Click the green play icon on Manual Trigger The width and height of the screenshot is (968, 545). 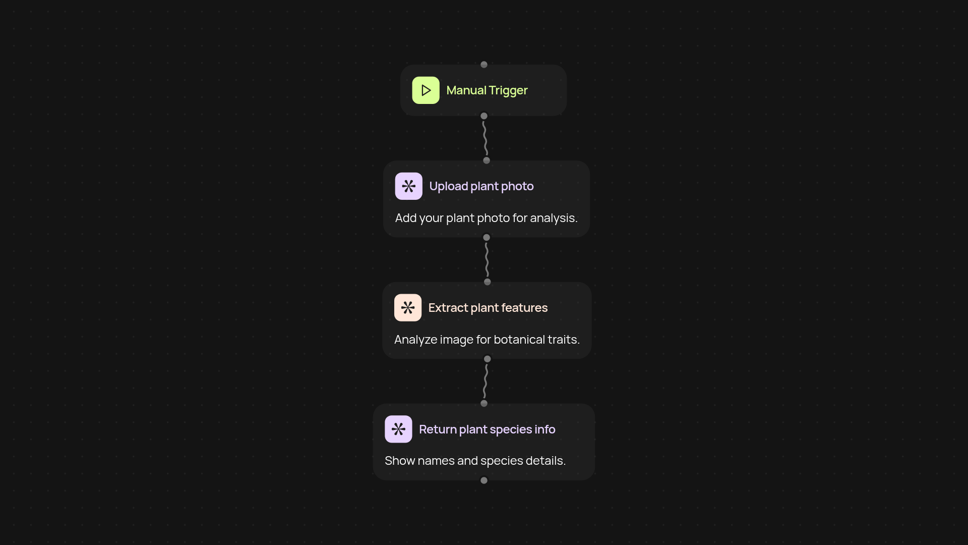(x=426, y=90)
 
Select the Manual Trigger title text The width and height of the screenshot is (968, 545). (x=487, y=90)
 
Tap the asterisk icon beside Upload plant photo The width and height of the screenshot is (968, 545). (x=408, y=186)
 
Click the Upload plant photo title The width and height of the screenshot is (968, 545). (x=481, y=186)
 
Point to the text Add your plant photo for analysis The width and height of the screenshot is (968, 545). (x=486, y=218)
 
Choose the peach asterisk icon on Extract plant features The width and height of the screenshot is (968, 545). (x=407, y=308)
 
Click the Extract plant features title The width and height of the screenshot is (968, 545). (x=488, y=308)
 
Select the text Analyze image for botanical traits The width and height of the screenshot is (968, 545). (x=487, y=340)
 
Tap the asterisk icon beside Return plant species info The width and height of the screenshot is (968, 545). (x=398, y=429)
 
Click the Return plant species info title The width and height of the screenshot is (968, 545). (x=487, y=429)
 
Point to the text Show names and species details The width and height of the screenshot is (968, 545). (x=475, y=461)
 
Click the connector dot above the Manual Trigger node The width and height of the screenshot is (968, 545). (x=484, y=65)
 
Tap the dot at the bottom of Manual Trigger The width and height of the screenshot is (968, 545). (x=484, y=116)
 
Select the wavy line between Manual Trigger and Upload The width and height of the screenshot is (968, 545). (x=485, y=138)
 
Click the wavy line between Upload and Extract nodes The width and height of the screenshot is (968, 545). (x=487, y=260)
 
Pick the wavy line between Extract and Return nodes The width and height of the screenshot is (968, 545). (x=486, y=381)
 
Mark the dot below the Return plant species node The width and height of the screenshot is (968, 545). (x=484, y=480)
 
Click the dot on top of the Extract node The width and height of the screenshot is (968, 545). (x=487, y=282)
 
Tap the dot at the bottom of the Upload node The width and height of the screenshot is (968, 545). (x=487, y=237)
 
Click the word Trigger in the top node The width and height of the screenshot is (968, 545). (x=508, y=90)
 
